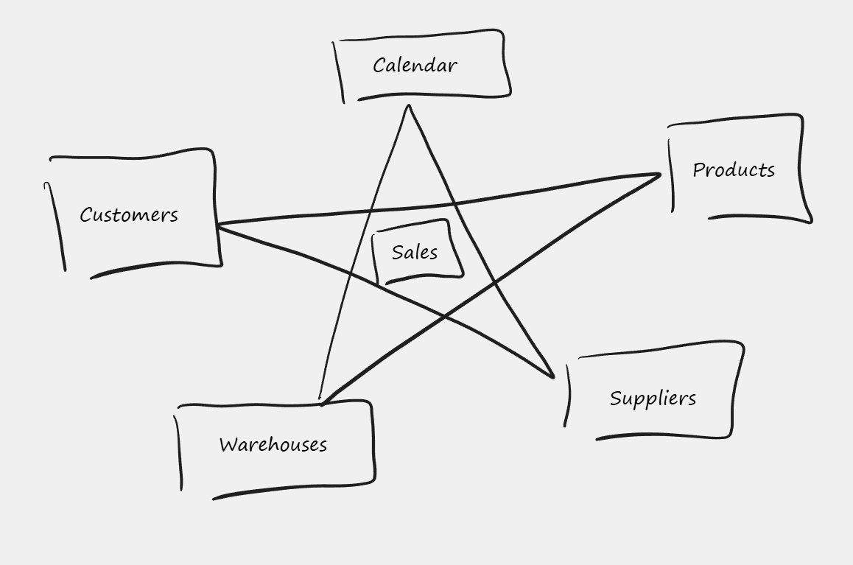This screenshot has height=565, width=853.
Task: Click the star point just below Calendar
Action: point(408,107)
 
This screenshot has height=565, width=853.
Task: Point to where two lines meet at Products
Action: point(659,175)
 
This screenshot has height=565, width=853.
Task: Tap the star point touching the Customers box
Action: point(218,225)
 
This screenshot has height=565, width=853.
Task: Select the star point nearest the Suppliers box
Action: point(552,377)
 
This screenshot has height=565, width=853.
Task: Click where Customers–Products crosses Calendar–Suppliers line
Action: point(454,203)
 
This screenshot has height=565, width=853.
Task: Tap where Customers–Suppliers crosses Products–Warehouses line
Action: point(445,317)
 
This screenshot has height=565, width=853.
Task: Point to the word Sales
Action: point(415,253)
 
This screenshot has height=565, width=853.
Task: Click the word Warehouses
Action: point(273,445)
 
